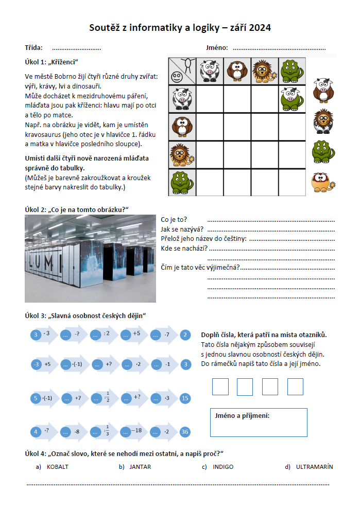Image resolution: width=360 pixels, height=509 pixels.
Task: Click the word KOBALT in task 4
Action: [x=57, y=467]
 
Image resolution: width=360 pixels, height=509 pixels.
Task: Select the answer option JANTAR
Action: [x=140, y=467]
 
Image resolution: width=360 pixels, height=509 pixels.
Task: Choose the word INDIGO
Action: [x=223, y=467]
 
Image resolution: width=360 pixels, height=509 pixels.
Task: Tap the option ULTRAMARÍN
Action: [x=314, y=467]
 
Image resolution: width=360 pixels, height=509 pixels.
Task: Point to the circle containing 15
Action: [x=185, y=398]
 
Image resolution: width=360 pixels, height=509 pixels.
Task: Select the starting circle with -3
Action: [x=36, y=364]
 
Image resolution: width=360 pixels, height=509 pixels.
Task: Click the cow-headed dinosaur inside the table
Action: [x=292, y=98]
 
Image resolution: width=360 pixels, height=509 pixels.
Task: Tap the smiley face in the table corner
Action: [x=177, y=77]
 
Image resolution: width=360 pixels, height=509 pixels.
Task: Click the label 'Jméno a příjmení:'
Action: [x=241, y=416]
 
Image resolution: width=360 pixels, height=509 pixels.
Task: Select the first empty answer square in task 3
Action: [x=220, y=387]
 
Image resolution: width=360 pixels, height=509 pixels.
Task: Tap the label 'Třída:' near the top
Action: [x=33, y=48]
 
